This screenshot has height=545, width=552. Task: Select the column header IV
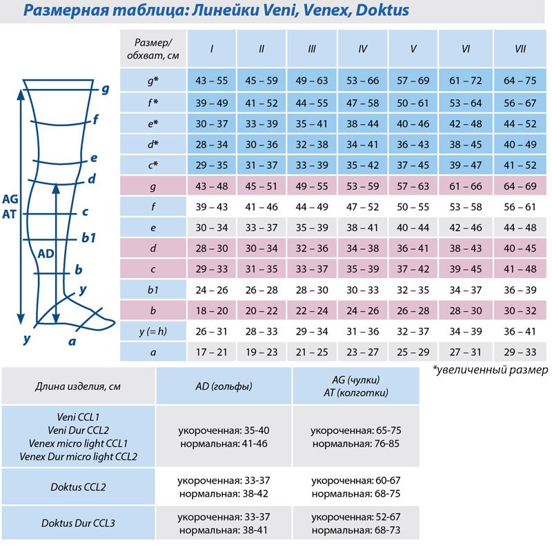[363, 49]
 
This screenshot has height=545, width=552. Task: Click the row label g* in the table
[153, 81]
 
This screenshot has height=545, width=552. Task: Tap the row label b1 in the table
[153, 290]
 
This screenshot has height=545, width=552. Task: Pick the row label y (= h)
[153, 332]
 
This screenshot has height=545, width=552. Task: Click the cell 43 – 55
[211, 81]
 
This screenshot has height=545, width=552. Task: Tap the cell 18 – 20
[211, 310]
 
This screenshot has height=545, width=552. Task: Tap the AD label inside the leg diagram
[46, 253]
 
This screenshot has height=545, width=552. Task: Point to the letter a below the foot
[72, 340]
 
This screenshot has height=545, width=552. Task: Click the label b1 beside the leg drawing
[88, 237]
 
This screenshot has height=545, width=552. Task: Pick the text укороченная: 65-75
[356, 430]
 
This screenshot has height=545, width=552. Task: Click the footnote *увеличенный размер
[490, 370]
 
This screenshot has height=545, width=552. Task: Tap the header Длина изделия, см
[78, 386]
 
